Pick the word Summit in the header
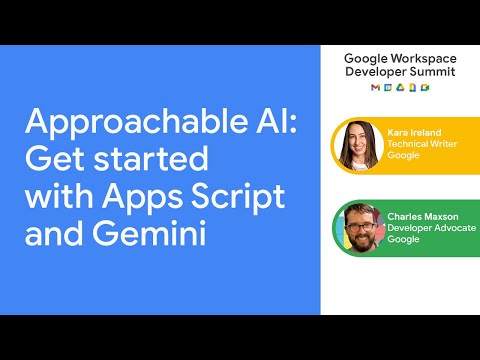pyautogui.click(x=435, y=73)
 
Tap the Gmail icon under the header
pyautogui.click(x=376, y=89)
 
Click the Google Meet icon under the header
pyautogui.click(x=424, y=89)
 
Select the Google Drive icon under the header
pyautogui.click(x=400, y=89)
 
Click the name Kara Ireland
pyautogui.click(x=415, y=133)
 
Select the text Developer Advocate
pyautogui.click(x=431, y=227)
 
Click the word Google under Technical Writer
pyautogui.click(x=403, y=157)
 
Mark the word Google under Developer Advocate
pyautogui.click(x=403, y=239)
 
